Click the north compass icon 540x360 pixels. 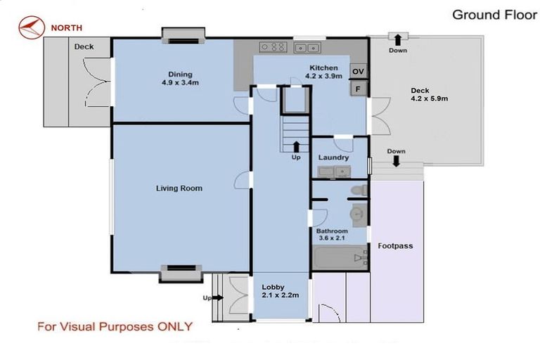[x=32, y=27]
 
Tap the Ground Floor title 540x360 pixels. [x=494, y=15]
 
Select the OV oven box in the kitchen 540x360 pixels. [x=358, y=71]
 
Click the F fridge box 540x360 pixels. [x=358, y=89]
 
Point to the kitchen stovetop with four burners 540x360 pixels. [x=273, y=47]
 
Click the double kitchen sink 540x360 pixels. [x=307, y=48]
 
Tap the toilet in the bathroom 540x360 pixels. [x=359, y=190]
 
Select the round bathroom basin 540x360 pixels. [x=358, y=214]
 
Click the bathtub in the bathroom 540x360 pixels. [x=340, y=257]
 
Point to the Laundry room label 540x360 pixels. [x=333, y=157]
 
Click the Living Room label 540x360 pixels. [x=179, y=188]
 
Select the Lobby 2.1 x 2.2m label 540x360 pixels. [x=281, y=291]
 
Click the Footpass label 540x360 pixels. [x=395, y=246]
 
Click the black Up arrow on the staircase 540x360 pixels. [x=296, y=146]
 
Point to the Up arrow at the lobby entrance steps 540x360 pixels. [x=217, y=297]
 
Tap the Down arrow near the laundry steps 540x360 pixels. [x=396, y=161]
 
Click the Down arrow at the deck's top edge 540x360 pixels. [x=398, y=39]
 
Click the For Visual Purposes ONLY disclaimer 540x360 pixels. [x=115, y=326]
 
